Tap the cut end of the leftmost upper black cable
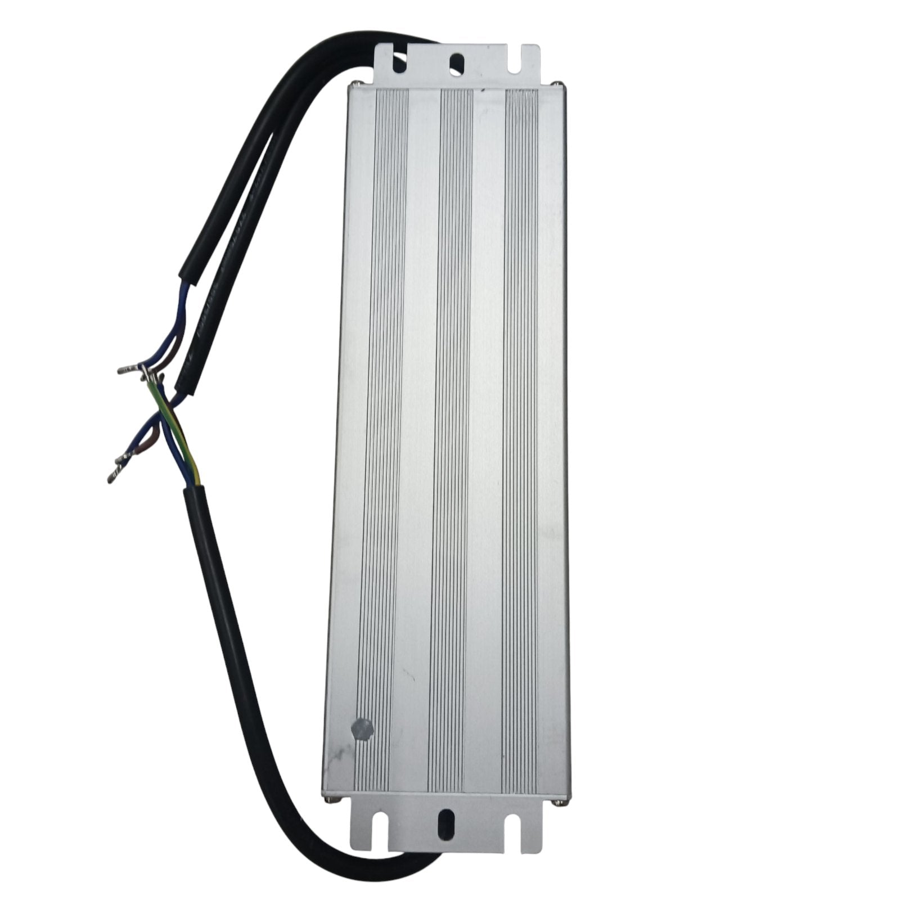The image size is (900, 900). pos(187,278)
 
